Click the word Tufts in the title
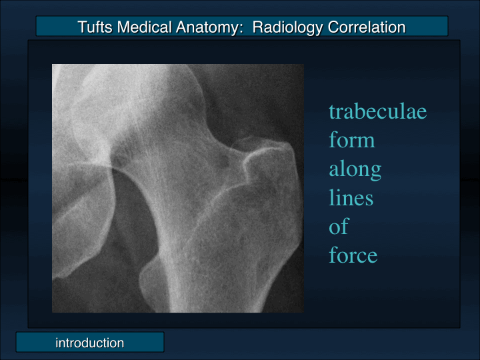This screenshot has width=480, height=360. (95, 27)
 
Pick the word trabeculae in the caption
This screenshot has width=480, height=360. (377, 111)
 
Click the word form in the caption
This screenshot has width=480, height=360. (351, 141)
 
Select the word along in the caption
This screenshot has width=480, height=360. (355, 169)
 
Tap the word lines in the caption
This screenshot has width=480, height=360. (351, 198)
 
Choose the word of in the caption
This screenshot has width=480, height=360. (338, 227)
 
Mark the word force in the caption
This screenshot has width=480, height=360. (353, 255)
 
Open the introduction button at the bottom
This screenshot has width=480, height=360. (89, 343)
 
